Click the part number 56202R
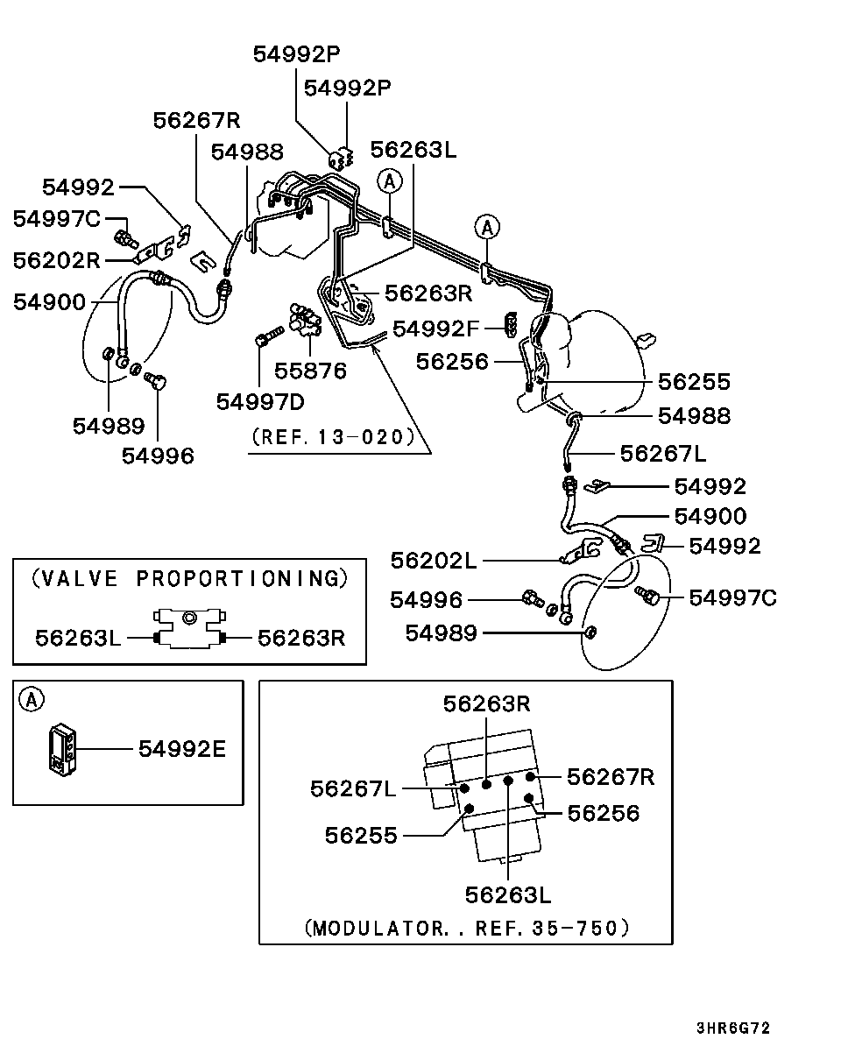pos(57,261)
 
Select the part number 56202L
pos(435,561)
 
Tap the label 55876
pos(310,371)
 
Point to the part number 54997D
pos(260,402)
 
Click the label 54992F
pos(436,329)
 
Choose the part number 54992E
pos(182,749)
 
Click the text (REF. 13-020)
pos(332,436)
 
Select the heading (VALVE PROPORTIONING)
pos(189,579)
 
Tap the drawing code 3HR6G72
pos(733,1028)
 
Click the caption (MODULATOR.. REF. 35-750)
pos(467,928)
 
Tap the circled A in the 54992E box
pos(32,699)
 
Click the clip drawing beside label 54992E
pos(62,750)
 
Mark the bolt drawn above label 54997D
pos(267,337)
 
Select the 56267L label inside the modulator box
pos(353,789)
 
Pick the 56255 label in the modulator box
pos(361,836)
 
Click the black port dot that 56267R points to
pos(531,777)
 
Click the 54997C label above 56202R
pos(57,219)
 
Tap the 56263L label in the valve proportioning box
pos(79,638)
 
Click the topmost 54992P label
pos(296,54)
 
